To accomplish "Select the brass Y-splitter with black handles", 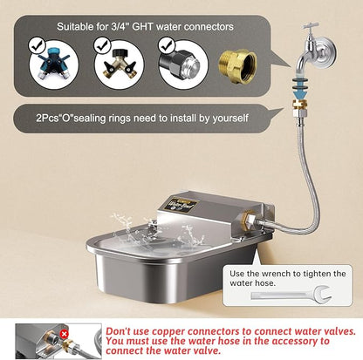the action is point(120,65).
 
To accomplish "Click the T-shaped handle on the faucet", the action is point(311,26).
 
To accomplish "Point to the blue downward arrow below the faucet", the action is point(299,93).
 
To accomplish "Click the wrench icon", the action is point(291,295).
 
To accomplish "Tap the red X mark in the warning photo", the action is point(64,334).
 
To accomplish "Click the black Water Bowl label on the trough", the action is point(179,206).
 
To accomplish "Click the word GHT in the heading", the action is point(142,27).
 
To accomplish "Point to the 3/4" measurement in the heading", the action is point(120,27).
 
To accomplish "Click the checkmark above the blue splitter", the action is point(38,45).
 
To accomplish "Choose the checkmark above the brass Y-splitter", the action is point(102,45).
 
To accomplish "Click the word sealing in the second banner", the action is point(90,119).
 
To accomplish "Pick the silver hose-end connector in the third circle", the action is point(183,65).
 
